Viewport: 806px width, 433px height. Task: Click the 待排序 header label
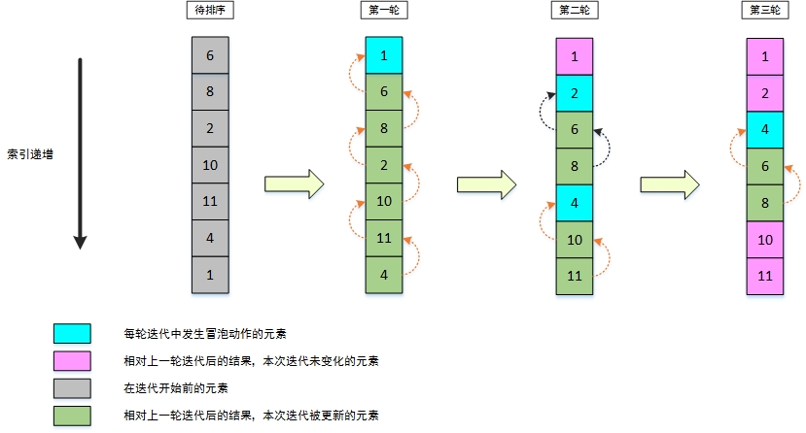[x=209, y=10]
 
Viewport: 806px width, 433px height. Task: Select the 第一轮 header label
[x=383, y=10]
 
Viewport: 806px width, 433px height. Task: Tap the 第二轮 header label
[x=574, y=10]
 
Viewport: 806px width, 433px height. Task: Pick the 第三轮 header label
[x=764, y=10]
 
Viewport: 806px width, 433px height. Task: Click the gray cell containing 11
[x=210, y=201]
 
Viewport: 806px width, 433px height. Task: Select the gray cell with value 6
[x=210, y=55]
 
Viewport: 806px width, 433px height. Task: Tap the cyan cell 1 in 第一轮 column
[x=384, y=55]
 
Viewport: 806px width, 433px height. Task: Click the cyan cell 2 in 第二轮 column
[x=575, y=93]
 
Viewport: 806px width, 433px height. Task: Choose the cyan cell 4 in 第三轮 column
[x=765, y=129]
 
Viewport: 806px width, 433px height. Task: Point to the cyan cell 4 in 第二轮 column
[x=575, y=203]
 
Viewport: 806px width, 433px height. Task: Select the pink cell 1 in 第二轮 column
[x=575, y=56]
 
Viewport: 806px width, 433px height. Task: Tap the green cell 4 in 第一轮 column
[x=384, y=275]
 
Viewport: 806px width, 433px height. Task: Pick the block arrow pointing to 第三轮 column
[x=672, y=183]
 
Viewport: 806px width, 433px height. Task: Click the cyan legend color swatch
[x=72, y=334]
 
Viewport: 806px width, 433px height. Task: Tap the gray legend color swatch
[x=72, y=388]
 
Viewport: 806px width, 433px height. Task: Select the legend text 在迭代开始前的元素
[x=176, y=388]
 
